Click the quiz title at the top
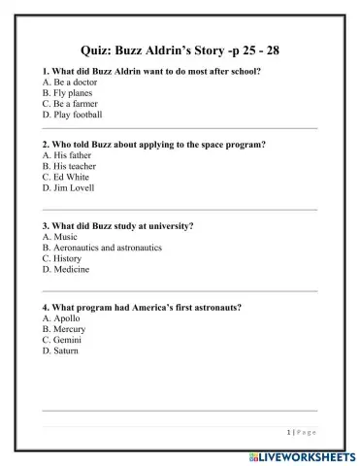coord(180,50)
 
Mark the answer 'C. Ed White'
coord(67,176)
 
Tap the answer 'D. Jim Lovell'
coord(70,186)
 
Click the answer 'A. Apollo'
coord(62,317)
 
